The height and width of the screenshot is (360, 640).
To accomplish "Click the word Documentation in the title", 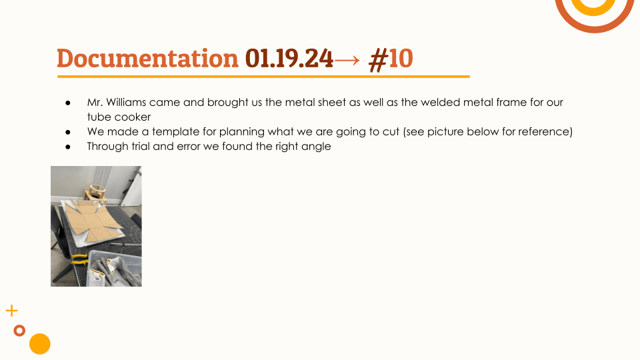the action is (x=147, y=59).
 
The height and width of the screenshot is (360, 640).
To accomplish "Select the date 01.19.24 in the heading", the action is (x=289, y=59).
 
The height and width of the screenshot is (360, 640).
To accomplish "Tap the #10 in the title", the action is (x=391, y=59).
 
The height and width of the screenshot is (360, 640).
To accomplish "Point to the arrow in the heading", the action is (x=347, y=60).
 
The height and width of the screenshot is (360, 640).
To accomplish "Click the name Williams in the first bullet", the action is (x=126, y=102).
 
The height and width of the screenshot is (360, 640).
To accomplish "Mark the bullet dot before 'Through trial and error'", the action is (x=68, y=147).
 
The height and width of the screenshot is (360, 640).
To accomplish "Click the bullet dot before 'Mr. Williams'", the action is (x=68, y=103).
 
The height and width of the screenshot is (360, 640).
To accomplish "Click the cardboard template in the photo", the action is (x=93, y=221).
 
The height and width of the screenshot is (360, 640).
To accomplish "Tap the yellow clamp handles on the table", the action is (x=80, y=259).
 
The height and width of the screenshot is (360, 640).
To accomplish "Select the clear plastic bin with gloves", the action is (x=115, y=268).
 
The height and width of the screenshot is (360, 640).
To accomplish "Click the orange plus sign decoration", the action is (x=12, y=311).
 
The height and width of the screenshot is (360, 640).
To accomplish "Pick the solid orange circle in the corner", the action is (x=39, y=344).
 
